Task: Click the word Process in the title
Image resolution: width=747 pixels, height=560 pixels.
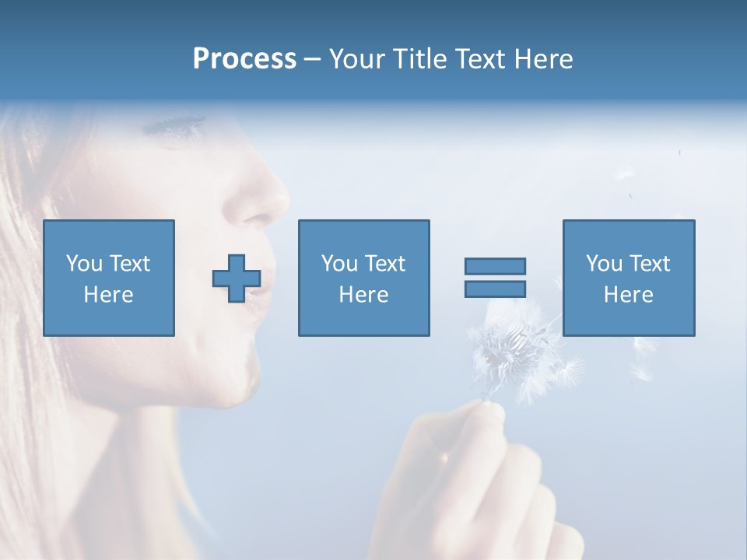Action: [x=244, y=59]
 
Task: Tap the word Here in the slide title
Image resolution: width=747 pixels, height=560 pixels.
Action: [x=542, y=59]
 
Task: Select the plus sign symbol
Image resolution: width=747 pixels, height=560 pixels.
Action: [x=237, y=278]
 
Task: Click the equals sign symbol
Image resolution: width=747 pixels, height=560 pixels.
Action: [x=495, y=278]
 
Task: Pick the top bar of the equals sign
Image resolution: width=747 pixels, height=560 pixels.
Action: [x=495, y=267]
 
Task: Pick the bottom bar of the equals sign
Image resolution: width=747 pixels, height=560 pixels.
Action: [x=495, y=289]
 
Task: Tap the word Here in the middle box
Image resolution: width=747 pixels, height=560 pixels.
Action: [x=363, y=295]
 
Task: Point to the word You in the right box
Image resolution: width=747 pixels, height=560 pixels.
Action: [x=604, y=264]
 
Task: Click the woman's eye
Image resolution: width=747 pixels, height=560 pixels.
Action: [x=181, y=124]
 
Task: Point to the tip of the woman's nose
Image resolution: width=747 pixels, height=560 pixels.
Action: [x=280, y=205]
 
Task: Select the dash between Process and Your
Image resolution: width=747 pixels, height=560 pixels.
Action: [x=312, y=59]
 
